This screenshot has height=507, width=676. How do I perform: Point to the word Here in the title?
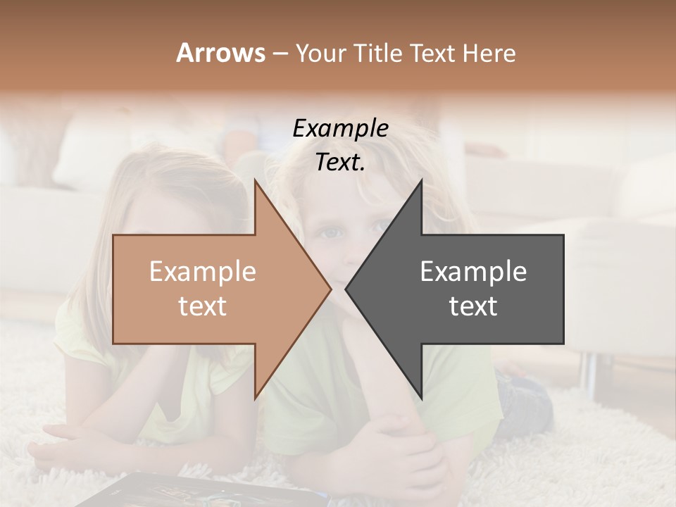[490, 54]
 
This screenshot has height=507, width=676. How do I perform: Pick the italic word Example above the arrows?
[340, 129]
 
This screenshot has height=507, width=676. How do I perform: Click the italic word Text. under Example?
[340, 162]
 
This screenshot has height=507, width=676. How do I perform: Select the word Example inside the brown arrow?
[202, 272]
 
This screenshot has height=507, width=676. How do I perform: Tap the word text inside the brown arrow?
[202, 306]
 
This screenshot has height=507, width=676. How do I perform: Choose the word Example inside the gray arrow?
[473, 272]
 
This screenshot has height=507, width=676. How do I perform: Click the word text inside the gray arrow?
[473, 306]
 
